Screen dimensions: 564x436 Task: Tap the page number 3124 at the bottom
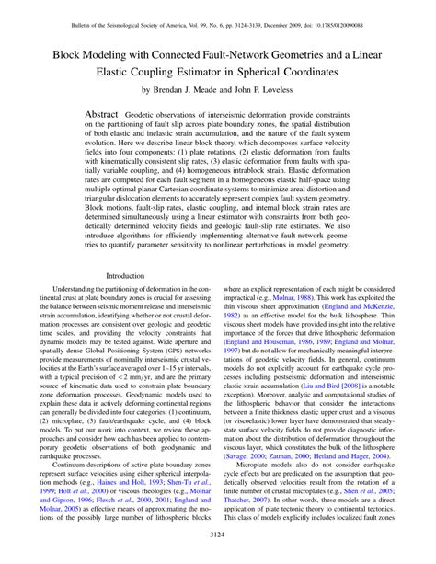tap(218, 533)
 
